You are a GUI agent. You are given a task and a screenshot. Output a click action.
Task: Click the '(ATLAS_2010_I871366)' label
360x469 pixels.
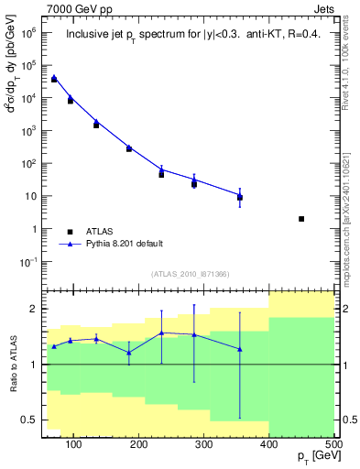click(190, 274)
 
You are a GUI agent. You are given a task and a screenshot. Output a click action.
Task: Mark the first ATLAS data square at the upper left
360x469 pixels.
click(54, 80)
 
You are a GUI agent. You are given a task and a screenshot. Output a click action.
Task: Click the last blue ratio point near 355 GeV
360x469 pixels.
click(240, 349)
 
